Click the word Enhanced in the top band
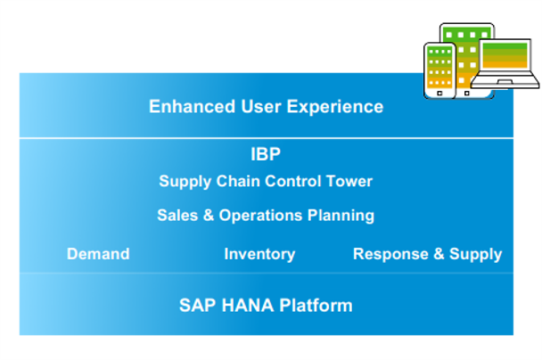coord(193,106)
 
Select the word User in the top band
coord(261,106)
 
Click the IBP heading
coord(266,154)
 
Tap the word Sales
coord(177,216)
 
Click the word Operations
coord(260,217)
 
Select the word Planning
coord(341,217)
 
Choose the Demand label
coord(98,254)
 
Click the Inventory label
coord(259,255)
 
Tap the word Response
coord(390,255)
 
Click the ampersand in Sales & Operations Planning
coord(209,216)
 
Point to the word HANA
coord(248,306)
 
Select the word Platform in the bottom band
coord(316,306)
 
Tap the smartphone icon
coord(439,70)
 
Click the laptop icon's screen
coord(505,55)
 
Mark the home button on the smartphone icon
coord(439,94)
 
